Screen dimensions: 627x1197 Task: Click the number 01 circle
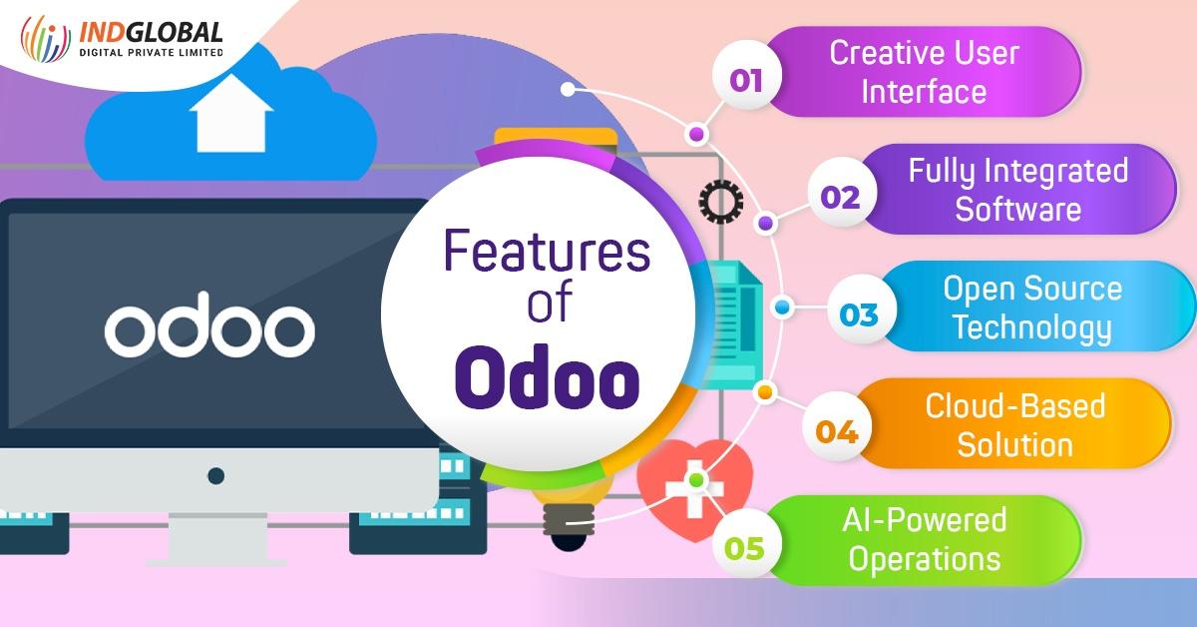(x=746, y=80)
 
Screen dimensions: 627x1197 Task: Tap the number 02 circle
(x=840, y=197)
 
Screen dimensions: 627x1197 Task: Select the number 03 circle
(x=858, y=315)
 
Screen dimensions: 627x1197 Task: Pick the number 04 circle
(x=837, y=432)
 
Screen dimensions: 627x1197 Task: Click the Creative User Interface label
(x=924, y=72)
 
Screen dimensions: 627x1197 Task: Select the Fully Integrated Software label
(x=1017, y=189)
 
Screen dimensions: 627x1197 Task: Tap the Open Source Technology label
(x=1032, y=307)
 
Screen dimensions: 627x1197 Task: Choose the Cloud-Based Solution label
(x=1015, y=424)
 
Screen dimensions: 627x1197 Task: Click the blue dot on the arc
(x=783, y=308)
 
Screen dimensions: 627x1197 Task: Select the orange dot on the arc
(x=765, y=392)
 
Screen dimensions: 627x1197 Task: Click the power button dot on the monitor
(x=215, y=475)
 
